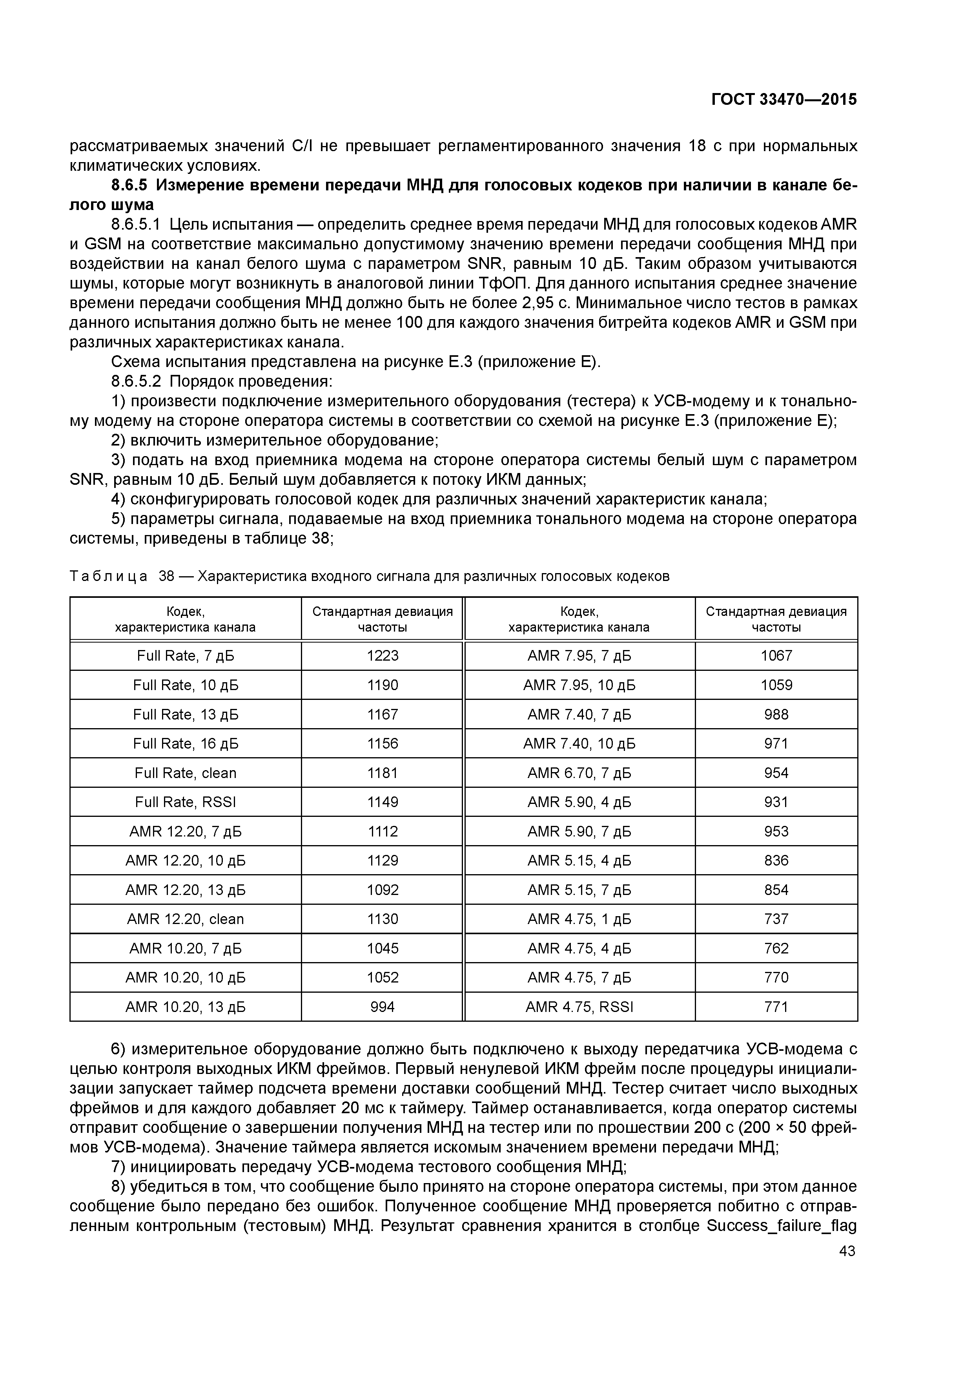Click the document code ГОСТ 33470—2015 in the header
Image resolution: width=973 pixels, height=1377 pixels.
tap(784, 100)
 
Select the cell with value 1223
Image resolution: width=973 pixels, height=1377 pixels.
tap(383, 656)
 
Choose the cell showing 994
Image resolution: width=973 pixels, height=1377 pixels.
tap(383, 1007)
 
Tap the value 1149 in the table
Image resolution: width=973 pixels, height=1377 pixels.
tap(383, 802)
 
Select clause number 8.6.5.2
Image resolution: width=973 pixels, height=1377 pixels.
tap(136, 382)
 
